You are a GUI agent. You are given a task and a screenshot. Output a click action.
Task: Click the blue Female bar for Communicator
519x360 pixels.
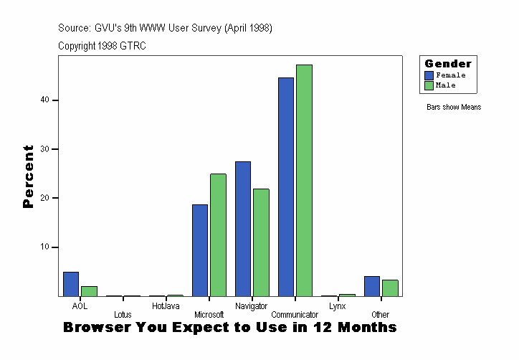(286, 186)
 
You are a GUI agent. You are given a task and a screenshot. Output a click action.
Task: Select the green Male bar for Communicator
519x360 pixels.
(304, 180)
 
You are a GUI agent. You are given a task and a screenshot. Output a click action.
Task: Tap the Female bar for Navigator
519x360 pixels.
(243, 229)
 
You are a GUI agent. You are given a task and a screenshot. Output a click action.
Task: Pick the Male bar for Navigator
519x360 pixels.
(261, 242)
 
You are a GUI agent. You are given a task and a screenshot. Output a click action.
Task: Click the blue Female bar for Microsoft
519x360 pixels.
(200, 250)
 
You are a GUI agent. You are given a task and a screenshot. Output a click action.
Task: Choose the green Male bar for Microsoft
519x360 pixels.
(218, 235)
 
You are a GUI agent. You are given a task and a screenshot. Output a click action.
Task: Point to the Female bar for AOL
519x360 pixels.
(71, 284)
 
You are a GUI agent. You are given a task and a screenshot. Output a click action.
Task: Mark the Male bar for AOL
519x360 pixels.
(89, 291)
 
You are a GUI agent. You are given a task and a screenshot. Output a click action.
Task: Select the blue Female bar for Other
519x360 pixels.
(371, 286)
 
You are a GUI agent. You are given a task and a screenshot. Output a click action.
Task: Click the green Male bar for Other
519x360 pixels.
(390, 288)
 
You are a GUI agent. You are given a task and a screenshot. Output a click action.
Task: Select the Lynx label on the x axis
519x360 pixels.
(337, 306)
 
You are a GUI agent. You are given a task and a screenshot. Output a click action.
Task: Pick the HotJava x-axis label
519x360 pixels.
(166, 306)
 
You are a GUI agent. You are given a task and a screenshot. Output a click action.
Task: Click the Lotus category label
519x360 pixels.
(123, 315)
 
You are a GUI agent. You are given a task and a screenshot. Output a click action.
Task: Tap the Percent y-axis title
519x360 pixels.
(29, 176)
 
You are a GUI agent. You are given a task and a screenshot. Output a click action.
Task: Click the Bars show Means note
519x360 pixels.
(454, 108)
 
